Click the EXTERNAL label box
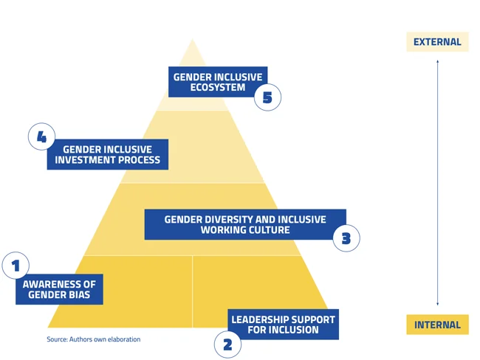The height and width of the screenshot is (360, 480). tap(437, 42)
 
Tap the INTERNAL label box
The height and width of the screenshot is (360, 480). tap(437, 325)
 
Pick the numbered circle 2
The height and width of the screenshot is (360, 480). tap(227, 344)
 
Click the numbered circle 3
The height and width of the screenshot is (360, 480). tap(346, 239)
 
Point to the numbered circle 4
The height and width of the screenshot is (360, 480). tap(42, 137)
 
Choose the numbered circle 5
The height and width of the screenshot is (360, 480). tap(268, 97)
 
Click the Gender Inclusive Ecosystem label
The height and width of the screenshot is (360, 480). tap(218, 82)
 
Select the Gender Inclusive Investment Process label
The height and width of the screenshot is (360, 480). tap(107, 154)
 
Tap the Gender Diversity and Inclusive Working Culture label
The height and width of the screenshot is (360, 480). tap(245, 224)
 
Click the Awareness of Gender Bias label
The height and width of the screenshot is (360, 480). tap(59, 290)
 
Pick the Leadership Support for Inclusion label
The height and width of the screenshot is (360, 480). tap(283, 325)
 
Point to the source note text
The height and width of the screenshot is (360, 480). tap(93, 339)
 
